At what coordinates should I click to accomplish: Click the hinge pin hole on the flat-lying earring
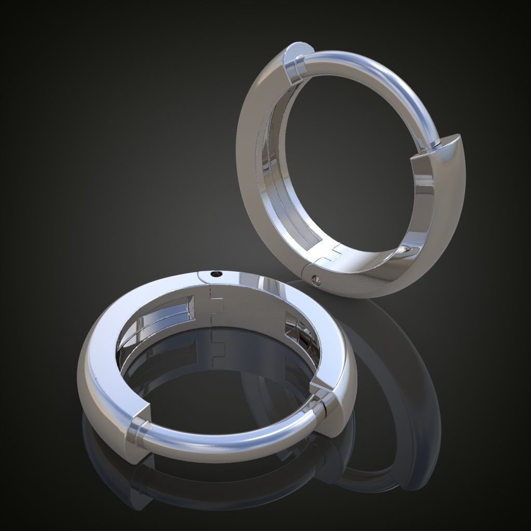click(214, 274)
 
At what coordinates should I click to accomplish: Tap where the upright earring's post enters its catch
click(438, 142)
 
